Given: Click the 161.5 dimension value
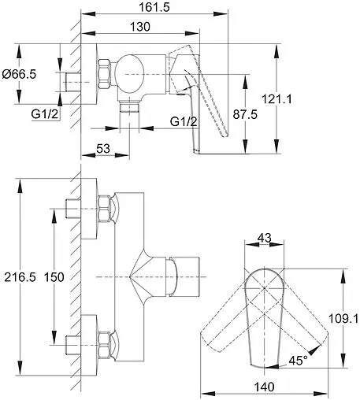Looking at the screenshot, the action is (x=154, y=7).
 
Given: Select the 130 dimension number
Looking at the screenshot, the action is (x=140, y=27).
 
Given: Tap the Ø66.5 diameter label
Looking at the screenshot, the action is (x=19, y=74).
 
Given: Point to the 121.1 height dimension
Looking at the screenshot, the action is (x=276, y=99).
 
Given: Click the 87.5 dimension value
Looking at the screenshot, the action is (x=245, y=114).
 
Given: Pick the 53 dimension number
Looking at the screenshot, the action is (x=103, y=149).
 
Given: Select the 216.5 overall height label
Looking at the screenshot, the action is (x=20, y=277).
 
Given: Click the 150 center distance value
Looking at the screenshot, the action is (x=54, y=277).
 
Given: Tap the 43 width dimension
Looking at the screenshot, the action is (x=264, y=238).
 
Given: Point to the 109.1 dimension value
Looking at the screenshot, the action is (x=343, y=319).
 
